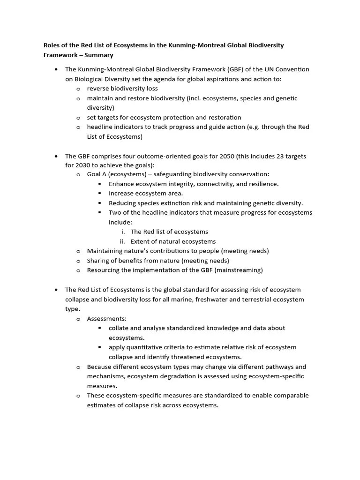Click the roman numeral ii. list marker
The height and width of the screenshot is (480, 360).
[x=122, y=241]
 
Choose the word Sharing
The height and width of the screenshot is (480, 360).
[x=99, y=261]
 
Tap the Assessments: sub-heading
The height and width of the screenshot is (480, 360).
[x=106, y=319]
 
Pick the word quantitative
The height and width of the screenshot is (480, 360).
[x=147, y=347]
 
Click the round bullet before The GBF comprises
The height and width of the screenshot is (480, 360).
[x=56, y=156]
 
